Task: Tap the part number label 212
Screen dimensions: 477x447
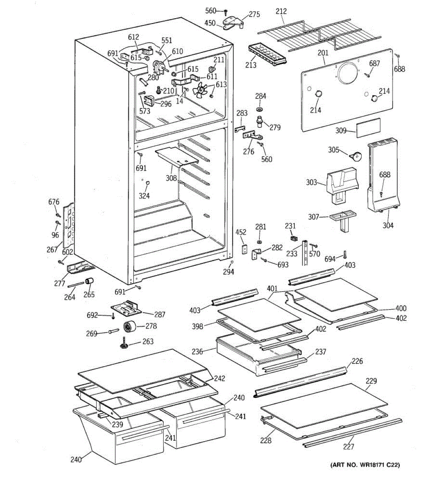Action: click(x=281, y=12)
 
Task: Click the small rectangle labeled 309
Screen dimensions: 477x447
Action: click(x=368, y=128)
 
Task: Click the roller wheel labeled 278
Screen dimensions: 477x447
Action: click(x=130, y=326)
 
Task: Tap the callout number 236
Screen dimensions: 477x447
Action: click(x=197, y=351)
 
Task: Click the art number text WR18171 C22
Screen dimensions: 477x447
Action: click(x=365, y=464)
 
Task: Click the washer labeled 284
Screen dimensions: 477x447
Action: click(x=260, y=109)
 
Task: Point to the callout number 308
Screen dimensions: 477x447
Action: click(x=171, y=178)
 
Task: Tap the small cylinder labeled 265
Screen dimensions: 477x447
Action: click(x=89, y=282)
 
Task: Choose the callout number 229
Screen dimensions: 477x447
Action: click(x=371, y=381)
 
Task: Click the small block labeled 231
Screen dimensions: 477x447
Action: click(x=294, y=238)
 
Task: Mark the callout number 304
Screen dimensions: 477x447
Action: click(x=388, y=225)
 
